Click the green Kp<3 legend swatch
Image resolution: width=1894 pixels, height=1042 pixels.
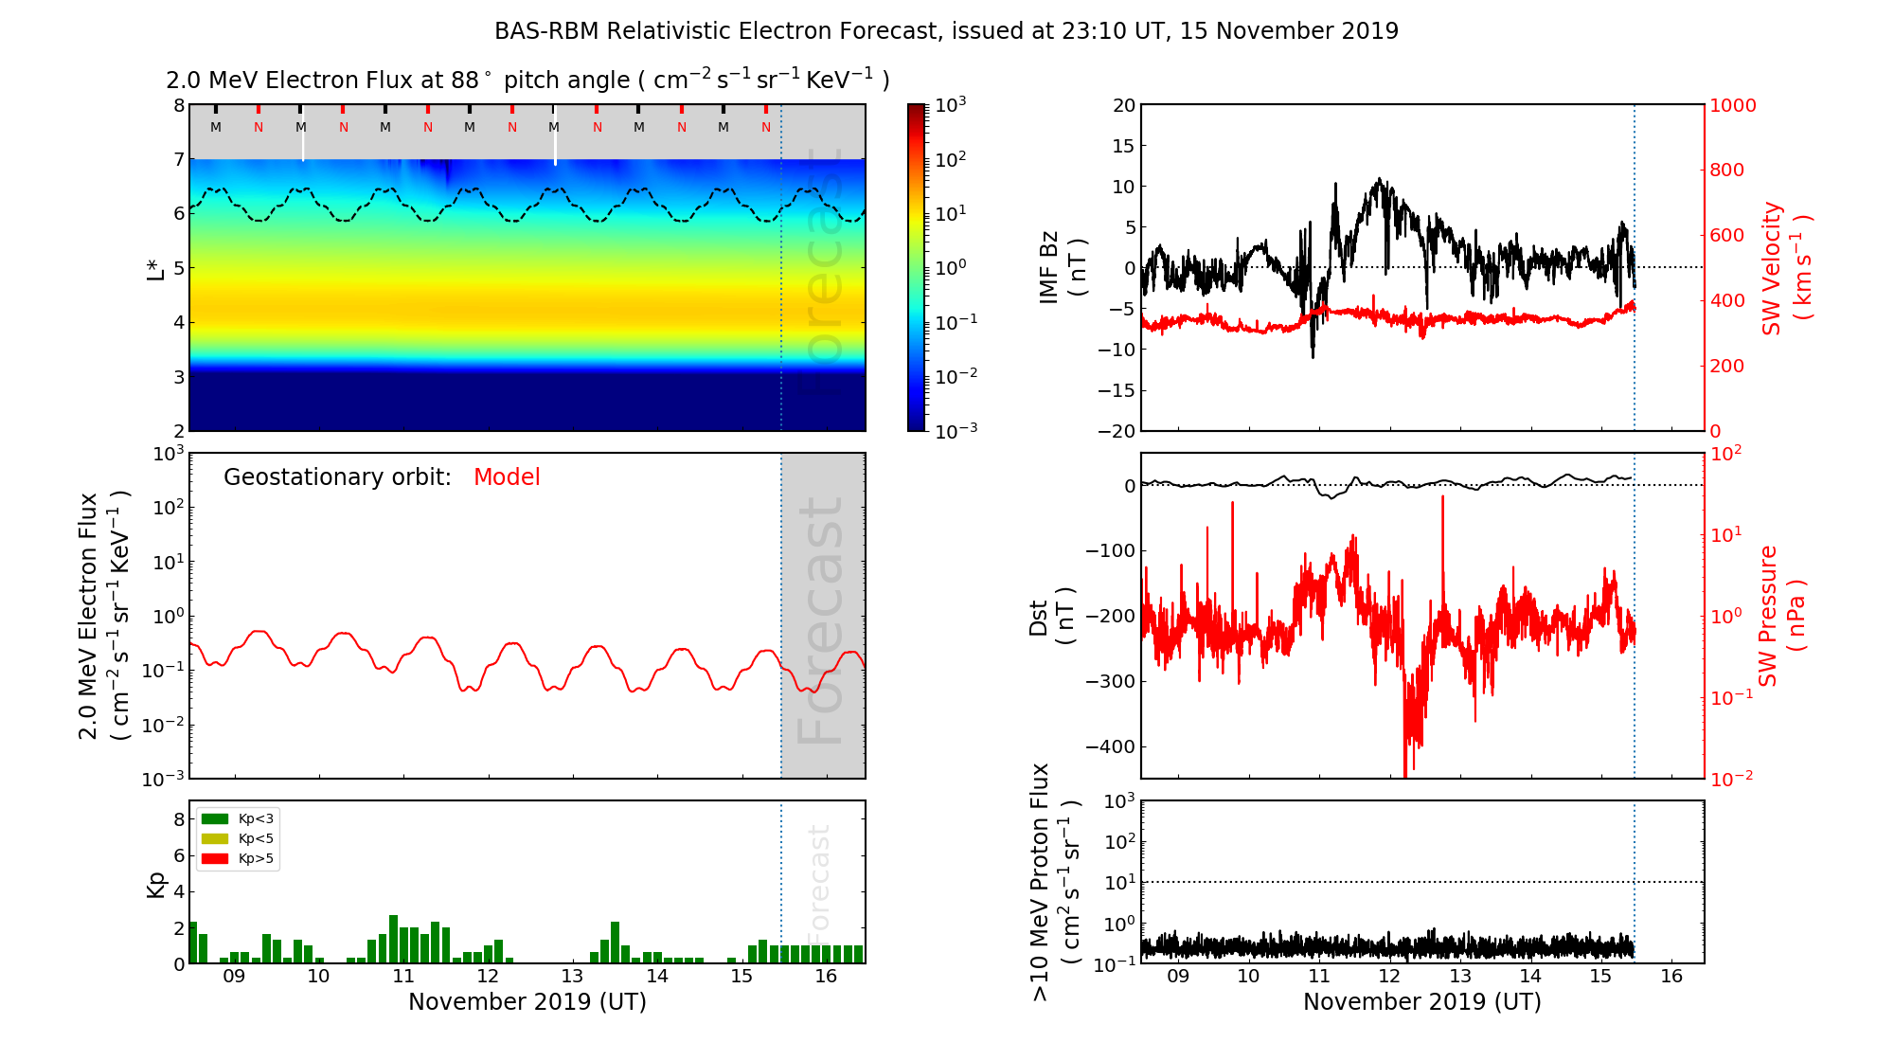pyautogui.click(x=215, y=818)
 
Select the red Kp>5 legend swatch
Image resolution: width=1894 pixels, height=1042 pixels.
pyautogui.click(x=215, y=859)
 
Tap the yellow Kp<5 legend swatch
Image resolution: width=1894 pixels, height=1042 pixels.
pyautogui.click(x=215, y=838)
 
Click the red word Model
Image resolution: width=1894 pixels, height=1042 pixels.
pyautogui.click(x=507, y=477)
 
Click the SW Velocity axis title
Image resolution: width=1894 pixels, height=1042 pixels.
pyautogui.click(x=1786, y=268)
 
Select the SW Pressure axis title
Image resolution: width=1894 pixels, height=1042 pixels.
pyautogui.click(x=1781, y=616)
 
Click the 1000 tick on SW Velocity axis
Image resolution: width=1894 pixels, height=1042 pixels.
pyautogui.click(x=1732, y=105)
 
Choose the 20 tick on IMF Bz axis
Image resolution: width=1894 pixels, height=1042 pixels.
pyautogui.click(x=1123, y=105)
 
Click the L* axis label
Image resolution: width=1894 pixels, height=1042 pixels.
pyautogui.click(x=155, y=268)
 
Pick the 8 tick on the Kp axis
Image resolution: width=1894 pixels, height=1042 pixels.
pyautogui.click(x=178, y=819)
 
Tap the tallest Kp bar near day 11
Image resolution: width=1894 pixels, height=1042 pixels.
pyautogui.click(x=393, y=939)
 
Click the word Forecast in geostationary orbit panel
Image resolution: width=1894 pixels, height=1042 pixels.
pyautogui.click(x=820, y=620)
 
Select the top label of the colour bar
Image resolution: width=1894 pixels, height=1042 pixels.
pyautogui.click(x=951, y=104)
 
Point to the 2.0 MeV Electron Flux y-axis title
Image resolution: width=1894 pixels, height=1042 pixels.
pyautogui.click(x=102, y=616)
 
